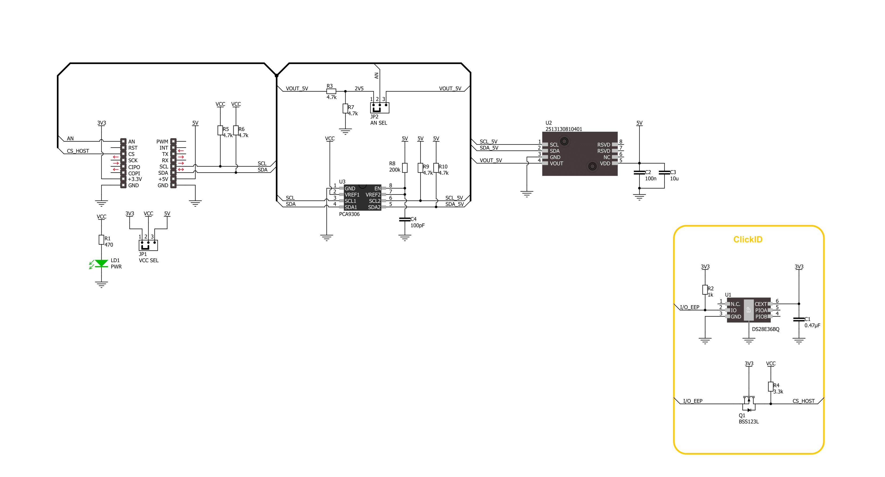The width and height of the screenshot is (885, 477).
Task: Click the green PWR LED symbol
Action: [x=101, y=263]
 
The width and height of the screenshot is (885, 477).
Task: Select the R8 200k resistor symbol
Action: [x=405, y=168]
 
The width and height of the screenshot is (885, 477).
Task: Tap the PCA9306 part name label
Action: [x=349, y=214]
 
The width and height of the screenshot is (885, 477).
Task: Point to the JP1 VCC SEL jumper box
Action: [x=148, y=245]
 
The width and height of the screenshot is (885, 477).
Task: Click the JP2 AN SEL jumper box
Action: [x=380, y=108]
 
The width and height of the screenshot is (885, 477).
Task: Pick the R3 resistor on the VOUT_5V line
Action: [x=331, y=91]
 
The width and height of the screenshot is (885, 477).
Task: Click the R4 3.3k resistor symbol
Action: [x=770, y=387]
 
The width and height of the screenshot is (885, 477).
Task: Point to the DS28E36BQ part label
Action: [x=765, y=329]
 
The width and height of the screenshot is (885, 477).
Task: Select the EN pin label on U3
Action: [x=377, y=188]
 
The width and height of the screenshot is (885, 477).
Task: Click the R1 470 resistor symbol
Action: [x=101, y=240]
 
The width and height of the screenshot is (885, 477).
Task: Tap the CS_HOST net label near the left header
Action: [x=78, y=151]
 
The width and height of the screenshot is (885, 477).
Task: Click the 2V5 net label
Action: [x=359, y=88]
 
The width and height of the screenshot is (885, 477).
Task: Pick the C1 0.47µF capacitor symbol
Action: [x=799, y=320]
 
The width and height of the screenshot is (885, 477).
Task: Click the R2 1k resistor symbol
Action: [x=705, y=290]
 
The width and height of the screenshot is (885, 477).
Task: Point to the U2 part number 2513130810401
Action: [x=564, y=129]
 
